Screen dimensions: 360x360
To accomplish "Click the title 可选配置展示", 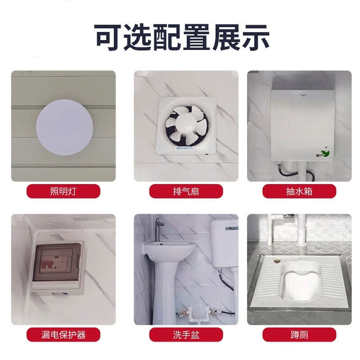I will click(182, 38).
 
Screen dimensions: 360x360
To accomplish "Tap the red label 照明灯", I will click(63, 191).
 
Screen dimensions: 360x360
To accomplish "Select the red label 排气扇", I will click(186, 191).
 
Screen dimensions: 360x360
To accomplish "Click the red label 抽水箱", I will click(299, 191).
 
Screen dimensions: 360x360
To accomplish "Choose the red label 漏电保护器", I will click(63, 334).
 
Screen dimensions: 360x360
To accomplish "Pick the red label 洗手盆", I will click(186, 334).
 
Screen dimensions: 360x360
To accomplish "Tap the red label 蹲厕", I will click(299, 334).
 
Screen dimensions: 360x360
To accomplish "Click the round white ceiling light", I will click(64, 127).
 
